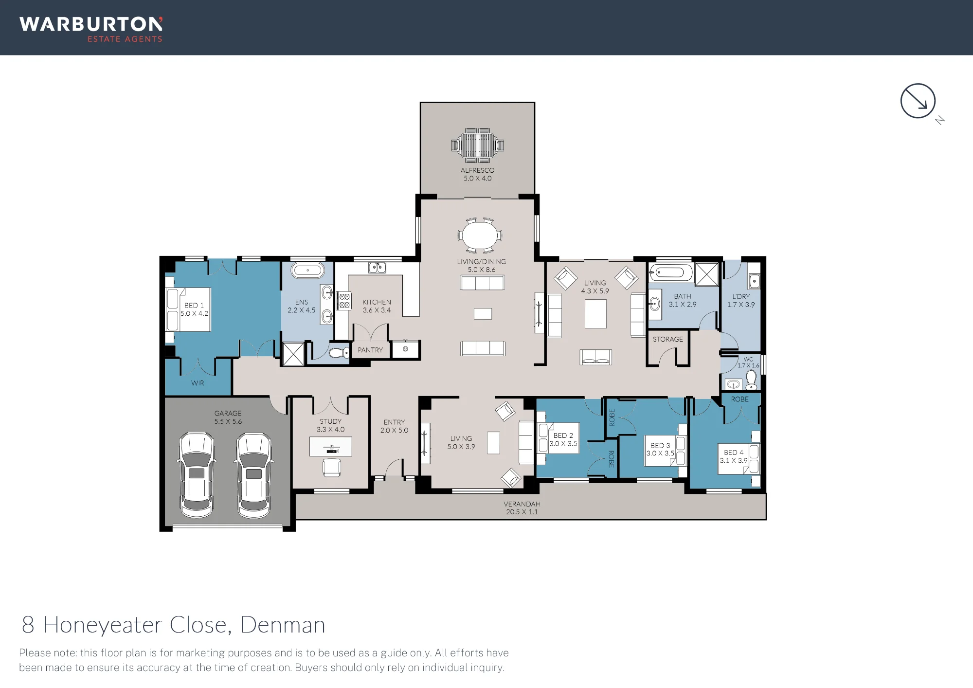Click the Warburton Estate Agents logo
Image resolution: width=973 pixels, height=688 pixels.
pos(91,30)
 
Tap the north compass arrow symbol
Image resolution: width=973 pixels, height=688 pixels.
pos(918,101)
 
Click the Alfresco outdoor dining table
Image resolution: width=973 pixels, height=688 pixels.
pos(477,145)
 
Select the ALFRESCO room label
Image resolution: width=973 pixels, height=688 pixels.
pos(477,170)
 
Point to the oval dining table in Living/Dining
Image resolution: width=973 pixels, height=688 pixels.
pos(480,235)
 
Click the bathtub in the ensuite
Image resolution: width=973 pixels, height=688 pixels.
pos(307,270)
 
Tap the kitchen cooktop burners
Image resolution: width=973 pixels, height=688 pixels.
pos(344,300)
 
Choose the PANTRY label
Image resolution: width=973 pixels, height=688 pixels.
pos(370,350)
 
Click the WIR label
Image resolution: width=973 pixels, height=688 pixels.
pos(198,383)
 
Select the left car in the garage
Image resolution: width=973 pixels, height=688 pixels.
pos(197,475)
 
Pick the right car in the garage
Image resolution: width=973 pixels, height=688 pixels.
pos(253,475)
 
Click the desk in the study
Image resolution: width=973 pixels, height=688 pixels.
pos(331,447)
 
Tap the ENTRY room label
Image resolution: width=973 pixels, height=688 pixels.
pos(394,422)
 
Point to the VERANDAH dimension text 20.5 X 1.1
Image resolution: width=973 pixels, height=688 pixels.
pos(522,512)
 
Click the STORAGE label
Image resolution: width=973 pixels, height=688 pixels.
pos(668,339)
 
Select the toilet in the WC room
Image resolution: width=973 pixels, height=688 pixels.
pos(751,380)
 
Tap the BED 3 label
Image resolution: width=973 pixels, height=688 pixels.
pos(660,445)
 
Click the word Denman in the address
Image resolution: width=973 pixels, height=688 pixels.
pos(283,625)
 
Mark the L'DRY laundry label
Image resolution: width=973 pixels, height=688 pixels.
pos(741,296)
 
